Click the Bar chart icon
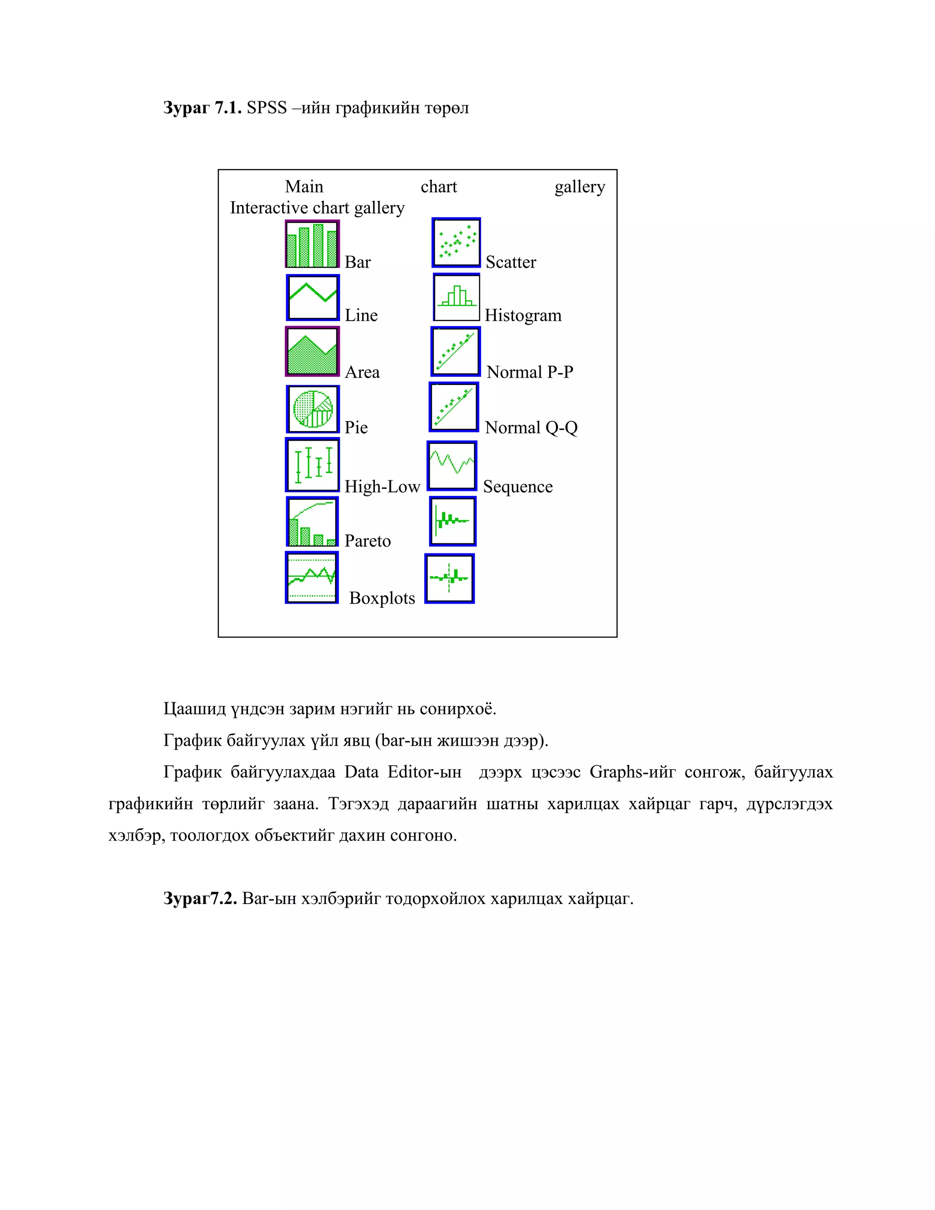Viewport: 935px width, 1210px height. [312, 244]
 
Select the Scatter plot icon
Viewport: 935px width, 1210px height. [456, 242]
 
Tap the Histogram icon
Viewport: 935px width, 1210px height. [456, 298]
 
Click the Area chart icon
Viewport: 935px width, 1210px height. [312, 352]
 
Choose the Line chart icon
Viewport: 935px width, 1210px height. [312, 298]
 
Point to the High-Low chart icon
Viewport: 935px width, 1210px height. [312, 465]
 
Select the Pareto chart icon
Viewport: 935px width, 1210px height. [312, 522]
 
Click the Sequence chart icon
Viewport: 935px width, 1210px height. [452, 466]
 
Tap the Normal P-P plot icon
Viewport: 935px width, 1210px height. [455, 352]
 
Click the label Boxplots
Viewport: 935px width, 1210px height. [382, 598]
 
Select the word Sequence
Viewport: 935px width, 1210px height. [517, 486]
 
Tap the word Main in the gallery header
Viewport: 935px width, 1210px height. [304, 187]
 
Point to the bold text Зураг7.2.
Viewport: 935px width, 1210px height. [200, 898]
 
